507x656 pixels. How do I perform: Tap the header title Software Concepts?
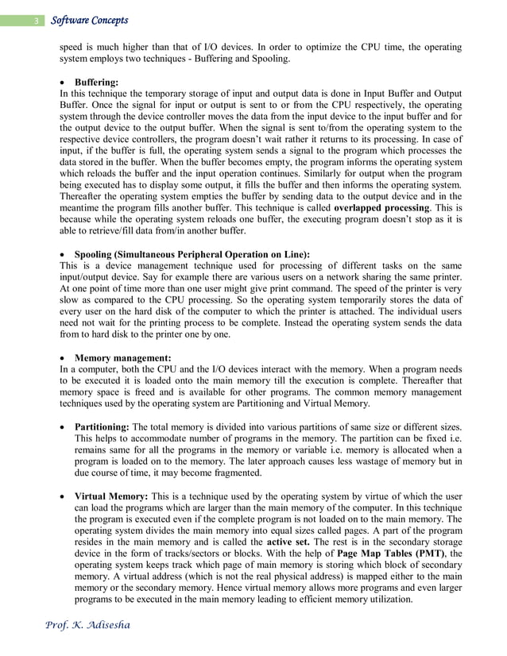tap(89, 20)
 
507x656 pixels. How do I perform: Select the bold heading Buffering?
tap(96, 82)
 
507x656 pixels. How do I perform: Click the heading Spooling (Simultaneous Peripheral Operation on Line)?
tap(192, 254)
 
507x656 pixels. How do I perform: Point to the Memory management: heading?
tap(122, 358)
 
